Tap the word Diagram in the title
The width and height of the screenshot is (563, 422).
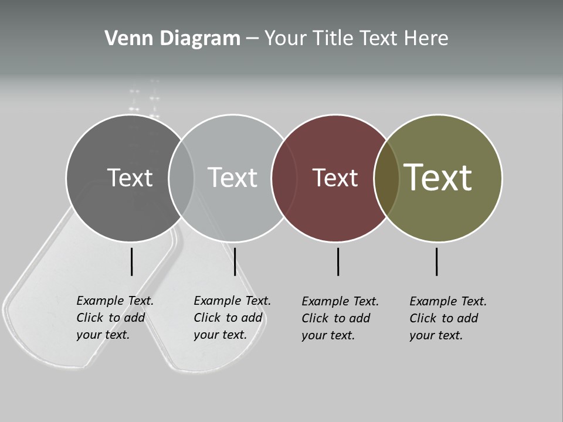[x=199, y=39]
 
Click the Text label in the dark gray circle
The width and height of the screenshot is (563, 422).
[x=130, y=178]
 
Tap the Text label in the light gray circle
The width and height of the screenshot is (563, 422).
[x=233, y=178]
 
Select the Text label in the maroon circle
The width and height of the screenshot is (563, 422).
[x=335, y=178]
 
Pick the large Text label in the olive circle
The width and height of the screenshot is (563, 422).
[x=438, y=177]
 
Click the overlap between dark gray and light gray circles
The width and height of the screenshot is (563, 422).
[x=181, y=178]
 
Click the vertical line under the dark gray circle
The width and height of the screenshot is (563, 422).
[x=131, y=261]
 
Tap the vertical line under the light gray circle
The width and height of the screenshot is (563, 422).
[x=235, y=261]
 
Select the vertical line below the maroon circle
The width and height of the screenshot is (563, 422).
[x=338, y=261]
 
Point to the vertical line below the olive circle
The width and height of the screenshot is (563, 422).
[x=436, y=261]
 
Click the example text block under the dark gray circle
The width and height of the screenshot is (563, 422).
[x=115, y=318]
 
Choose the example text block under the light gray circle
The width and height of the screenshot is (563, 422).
[x=232, y=318]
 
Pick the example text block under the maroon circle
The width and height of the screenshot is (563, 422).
[x=340, y=318]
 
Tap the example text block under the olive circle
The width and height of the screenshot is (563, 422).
[x=448, y=318]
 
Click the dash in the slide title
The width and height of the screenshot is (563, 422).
[x=252, y=39]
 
